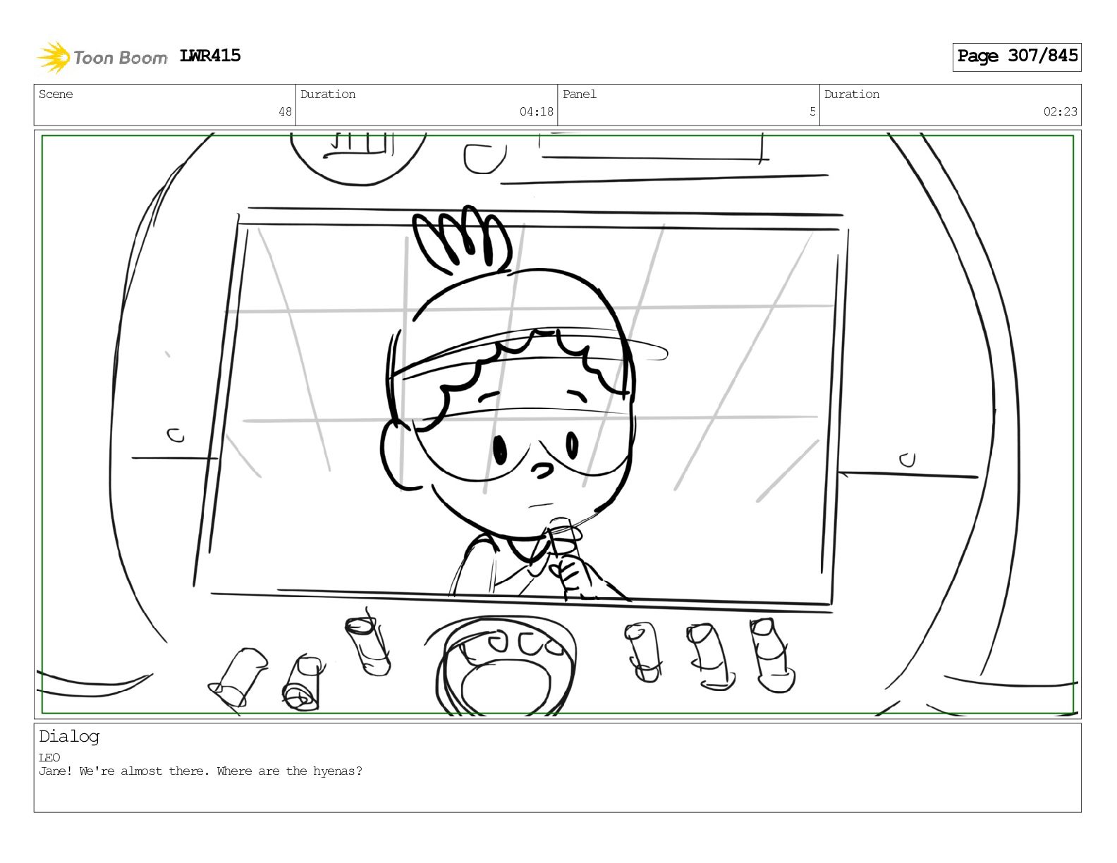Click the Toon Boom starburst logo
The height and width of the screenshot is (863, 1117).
click(54, 57)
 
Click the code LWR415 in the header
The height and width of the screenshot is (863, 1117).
click(210, 56)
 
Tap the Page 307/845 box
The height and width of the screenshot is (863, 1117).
click(1016, 57)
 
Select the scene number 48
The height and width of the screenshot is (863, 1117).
click(286, 111)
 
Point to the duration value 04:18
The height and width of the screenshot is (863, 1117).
click(536, 111)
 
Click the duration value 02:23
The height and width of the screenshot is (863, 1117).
click(1060, 111)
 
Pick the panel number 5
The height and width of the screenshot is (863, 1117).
click(812, 111)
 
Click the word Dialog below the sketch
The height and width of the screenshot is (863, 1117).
click(69, 737)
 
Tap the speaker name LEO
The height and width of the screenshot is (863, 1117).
click(49, 757)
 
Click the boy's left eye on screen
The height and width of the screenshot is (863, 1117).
click(500, 450)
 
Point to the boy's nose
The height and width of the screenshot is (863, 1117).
click(542, 470)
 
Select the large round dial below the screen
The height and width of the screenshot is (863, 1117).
click(506, 668)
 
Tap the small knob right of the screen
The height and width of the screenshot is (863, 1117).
click(908, 460)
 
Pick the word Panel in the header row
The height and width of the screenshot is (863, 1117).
click(580, 94)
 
